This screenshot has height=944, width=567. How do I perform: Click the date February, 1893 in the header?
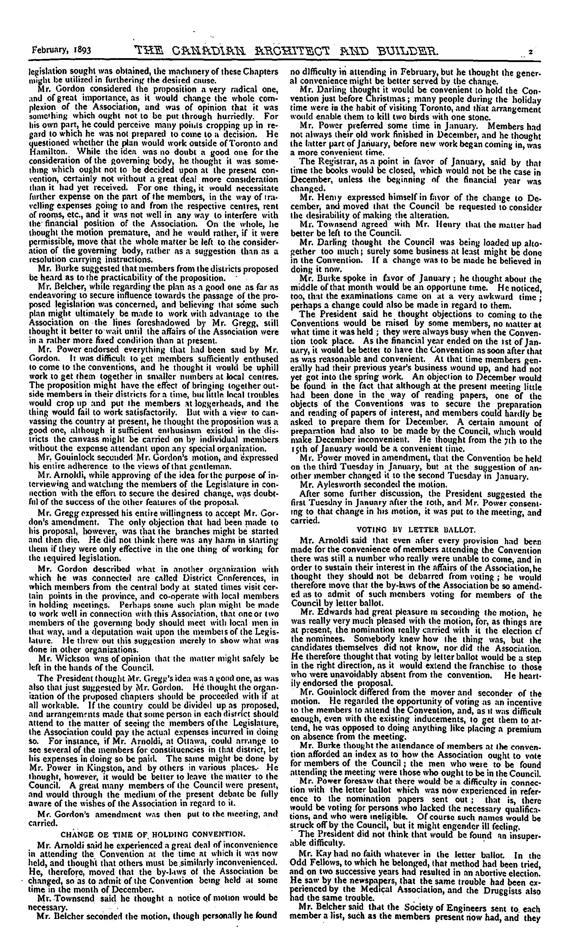[61, 50]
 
